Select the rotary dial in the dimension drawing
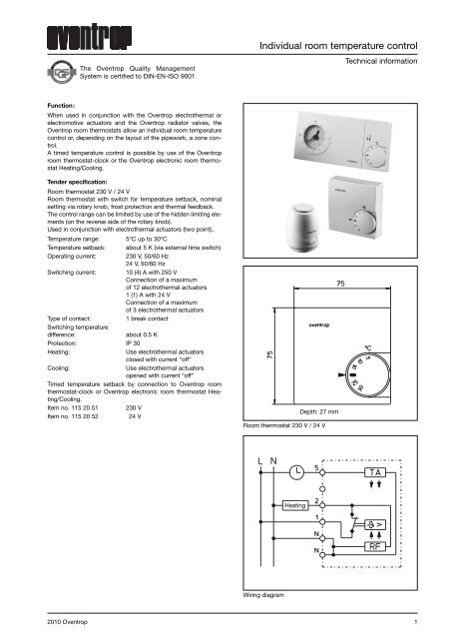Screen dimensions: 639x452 [x=364, y=373]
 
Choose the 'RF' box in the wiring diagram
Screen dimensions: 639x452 [x=376, y=546]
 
